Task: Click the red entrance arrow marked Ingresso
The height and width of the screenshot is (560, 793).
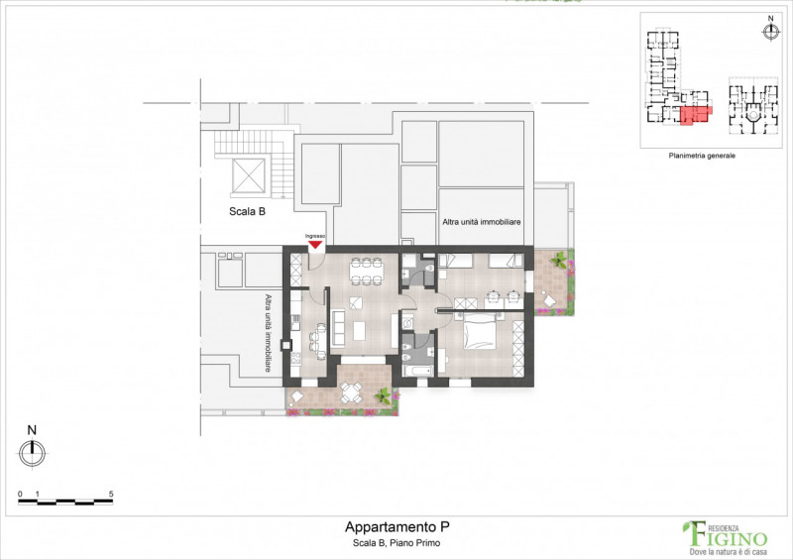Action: pyautogui.click(x=315, y=243)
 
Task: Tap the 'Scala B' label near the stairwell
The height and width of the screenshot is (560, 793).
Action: pyautogui.click(x=246, y=211)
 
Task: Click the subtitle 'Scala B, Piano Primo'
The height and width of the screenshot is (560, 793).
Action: pyautogui.click(x=396, y=543)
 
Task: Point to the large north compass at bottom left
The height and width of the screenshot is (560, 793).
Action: pyautogui.click(x=32, y=453)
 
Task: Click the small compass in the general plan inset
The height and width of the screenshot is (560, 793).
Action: pyautogui.click(x=770, y=32)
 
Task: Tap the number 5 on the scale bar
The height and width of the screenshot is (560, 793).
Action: pyautogui.click(x=111, y=493)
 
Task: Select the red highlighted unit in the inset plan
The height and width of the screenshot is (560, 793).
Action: pyautogui.click(x=696, y=115)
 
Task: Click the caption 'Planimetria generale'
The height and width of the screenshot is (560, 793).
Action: pyautogui.click(x=702, y=156)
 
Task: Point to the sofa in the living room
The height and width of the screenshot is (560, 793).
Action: pyautogui.click(x=338, y=324)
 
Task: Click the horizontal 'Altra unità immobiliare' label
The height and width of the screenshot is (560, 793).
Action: pyautogui.click(x=482, y=223)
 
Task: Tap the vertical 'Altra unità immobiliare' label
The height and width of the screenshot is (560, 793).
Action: pyautogui.click(x=268, y=333)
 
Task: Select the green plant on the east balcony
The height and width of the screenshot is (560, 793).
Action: pyautogui.click(x=561, y=263)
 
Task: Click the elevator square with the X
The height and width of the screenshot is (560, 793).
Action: pyautogui.click(x=248, y=176)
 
